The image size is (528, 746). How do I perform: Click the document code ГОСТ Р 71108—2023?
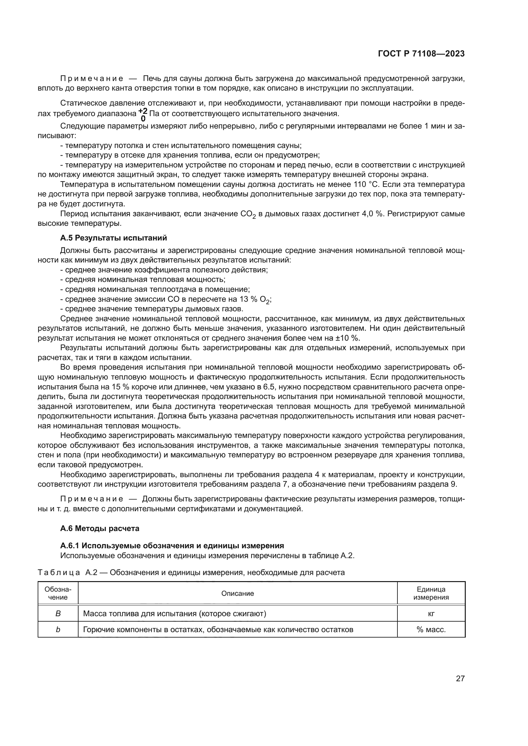click(421, 54)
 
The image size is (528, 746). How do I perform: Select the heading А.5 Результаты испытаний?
click(113, 238)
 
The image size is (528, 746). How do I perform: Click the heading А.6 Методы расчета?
click(100, 528)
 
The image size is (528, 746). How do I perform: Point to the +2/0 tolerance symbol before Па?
click(143, 114)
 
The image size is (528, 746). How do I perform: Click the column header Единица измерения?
click(431, 593)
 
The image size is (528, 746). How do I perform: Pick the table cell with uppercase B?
click(58, 613)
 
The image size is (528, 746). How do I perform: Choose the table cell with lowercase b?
click(58, 629)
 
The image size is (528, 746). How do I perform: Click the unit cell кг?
click(431, 613)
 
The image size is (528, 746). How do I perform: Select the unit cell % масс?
click(431, 629)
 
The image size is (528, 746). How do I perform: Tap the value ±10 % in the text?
click(348, 338)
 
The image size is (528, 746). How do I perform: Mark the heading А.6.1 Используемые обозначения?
click(172, 545)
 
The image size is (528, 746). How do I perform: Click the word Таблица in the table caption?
click(58, 572)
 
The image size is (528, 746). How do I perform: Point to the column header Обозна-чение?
click(58, 593)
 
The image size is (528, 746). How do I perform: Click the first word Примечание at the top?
click(92, 78)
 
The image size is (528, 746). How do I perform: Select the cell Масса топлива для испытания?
click(175, 613)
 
